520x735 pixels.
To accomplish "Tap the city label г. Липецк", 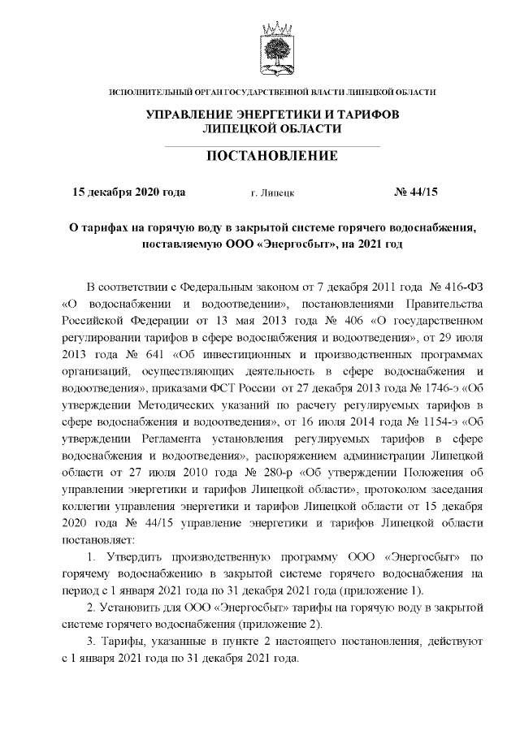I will [x=273, y=193].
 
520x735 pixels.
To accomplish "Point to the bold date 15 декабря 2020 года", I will [x=129, y=192].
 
